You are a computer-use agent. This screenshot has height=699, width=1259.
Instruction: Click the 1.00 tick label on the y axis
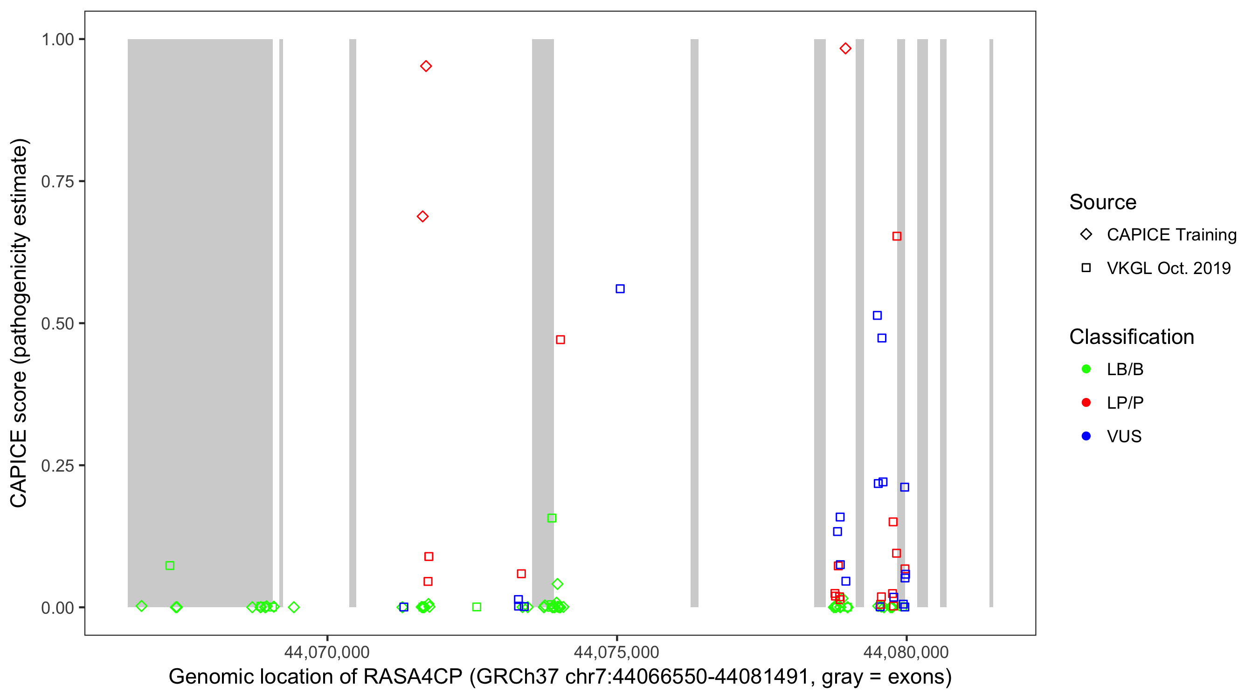[57, 40]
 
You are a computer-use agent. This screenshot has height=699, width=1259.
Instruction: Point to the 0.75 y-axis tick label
[57, 182]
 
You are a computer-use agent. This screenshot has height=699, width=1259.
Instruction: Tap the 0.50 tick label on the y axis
[57, 323]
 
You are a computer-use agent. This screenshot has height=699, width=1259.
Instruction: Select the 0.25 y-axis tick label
[57, 466]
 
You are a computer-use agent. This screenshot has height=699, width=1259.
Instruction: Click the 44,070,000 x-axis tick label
[327, 652]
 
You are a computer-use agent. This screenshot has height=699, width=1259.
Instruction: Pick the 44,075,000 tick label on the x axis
[616, 652]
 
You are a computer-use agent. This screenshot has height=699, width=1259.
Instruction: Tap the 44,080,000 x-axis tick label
[906, 652]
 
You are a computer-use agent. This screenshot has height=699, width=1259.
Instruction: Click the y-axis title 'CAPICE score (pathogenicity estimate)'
[20, 323]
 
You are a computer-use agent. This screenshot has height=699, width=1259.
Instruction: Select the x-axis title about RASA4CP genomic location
[560, 677]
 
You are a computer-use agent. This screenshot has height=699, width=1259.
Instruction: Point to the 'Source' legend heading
[1103, 202]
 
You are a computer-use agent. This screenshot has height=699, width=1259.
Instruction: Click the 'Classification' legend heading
[1131, 337]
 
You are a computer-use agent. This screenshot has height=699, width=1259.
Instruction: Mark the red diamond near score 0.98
[845, 48]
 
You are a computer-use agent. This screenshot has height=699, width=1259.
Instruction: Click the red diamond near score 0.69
[423, 216]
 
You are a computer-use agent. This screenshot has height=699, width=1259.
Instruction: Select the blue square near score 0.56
[620, 288]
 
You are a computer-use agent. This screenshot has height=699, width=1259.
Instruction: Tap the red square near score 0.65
[897, 236]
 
